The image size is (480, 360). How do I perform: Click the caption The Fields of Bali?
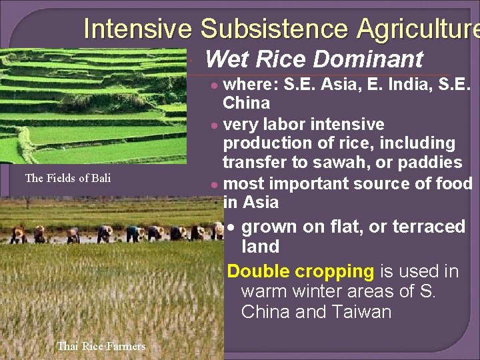tap(68, 178)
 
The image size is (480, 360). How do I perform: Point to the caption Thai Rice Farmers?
tap(101, 346)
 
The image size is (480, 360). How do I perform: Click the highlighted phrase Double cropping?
tap(301, 271)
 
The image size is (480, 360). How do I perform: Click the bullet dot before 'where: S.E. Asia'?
tap(213, 85)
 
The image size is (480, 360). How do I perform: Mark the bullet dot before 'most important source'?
tap(213, 184)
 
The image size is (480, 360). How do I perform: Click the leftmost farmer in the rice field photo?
tap(18, 234)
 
